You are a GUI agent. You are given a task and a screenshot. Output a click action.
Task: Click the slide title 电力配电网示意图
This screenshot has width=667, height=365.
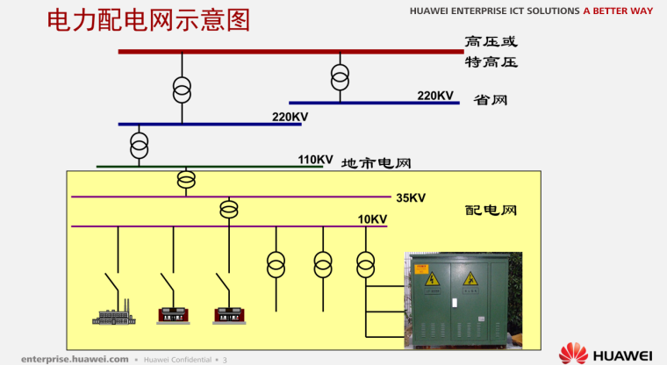coord(148,20)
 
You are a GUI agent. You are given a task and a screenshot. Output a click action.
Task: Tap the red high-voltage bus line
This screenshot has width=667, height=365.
coord(291,52)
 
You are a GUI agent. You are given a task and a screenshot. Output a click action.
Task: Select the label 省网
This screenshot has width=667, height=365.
coord(491,100)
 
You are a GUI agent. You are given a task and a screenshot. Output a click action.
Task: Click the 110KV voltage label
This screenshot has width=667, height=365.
coord(315,160)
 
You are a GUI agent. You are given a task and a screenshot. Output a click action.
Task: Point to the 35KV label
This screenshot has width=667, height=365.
coord(411,197)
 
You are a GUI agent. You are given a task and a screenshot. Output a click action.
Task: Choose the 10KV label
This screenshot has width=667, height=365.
coord(372,219)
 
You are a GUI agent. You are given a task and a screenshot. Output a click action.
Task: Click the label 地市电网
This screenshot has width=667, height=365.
coord(376,163)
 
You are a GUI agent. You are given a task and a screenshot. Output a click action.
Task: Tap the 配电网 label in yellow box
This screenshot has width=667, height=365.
coord(491,211)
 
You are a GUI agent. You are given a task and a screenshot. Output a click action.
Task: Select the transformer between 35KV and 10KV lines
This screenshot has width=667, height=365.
coord(229,210)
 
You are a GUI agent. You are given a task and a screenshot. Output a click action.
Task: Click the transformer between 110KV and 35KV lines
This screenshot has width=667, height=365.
coord(186,180)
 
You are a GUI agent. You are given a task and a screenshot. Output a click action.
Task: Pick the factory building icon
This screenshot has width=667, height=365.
coord(113,313)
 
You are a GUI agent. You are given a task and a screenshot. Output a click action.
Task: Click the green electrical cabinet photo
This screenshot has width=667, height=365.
coord(463,300)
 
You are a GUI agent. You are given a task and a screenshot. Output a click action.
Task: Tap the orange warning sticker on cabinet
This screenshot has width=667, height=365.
coord(421,269)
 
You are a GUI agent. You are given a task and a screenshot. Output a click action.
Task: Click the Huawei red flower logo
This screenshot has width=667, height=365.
coord(573,353)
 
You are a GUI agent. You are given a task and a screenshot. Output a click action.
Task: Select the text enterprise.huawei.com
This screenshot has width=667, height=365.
coord(75,359)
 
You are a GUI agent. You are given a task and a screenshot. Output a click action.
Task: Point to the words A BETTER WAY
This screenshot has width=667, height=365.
coord(618,11)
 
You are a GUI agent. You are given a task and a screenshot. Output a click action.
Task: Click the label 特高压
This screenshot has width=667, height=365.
coord(491,62)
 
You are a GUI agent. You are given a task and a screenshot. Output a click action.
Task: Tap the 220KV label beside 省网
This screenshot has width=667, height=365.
coord(435,96)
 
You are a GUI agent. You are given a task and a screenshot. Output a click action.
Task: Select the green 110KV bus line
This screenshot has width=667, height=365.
coord(210,167)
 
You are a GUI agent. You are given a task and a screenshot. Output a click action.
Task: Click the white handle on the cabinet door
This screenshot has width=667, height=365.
coord(455,303)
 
